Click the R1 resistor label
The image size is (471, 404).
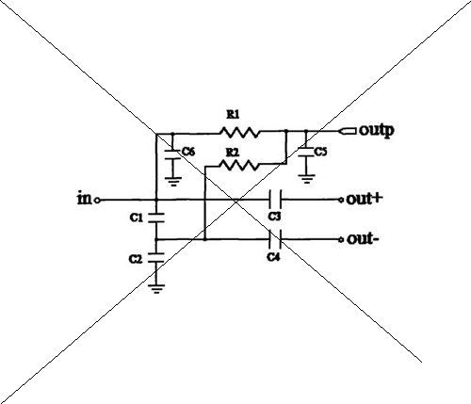coord(233,115)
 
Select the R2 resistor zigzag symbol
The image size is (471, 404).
coord(239,165)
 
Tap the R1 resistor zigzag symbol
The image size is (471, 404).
coord(239,132)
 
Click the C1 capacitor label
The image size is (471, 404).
coord(136,218)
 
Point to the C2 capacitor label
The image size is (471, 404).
coord(136,259)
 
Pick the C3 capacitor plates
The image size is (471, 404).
coord(275,200)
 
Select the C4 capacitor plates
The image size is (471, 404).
coord(275,239)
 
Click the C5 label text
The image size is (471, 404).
coord(320,152)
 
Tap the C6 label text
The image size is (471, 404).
coord(188,152)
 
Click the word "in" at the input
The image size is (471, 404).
coord(84,199)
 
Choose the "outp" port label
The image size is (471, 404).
coord(377,131)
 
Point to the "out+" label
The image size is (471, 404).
coord(365,199)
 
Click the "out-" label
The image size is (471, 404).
coord(363,239)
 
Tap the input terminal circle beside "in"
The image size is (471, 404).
coord(97,200)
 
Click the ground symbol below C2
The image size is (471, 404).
coord(156,289)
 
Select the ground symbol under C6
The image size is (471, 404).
coord(173,182)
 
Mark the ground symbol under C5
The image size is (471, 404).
coord(307,179)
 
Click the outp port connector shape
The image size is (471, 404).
coord(348,131)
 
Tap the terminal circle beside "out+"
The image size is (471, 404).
coord(341,200)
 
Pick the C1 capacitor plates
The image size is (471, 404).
coord(156,218)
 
